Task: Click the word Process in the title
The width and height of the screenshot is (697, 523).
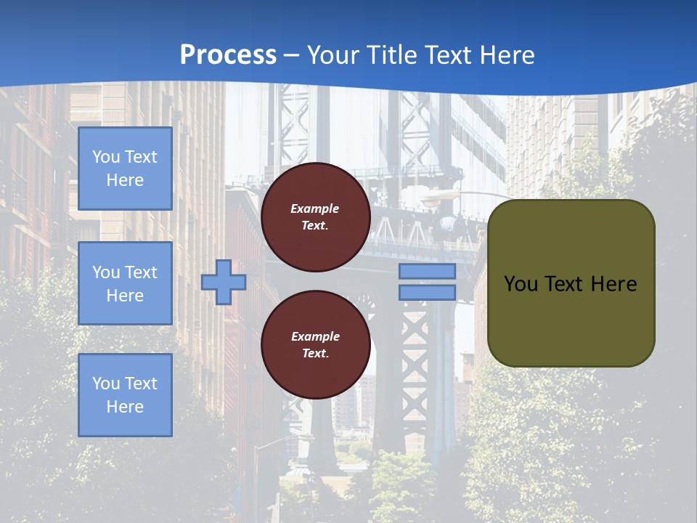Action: pyautogui.click(x=228, y=55)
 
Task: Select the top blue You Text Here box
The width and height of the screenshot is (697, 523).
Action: pyautogui.click(x=125, y=169)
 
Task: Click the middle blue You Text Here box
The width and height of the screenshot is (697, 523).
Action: pyautogui.click(x=125, y=283)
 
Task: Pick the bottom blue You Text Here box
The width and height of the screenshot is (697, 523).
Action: pyautogui.click(x=125, y=394)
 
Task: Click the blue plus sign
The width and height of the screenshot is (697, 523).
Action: pyautogui.click(x=224, y=282)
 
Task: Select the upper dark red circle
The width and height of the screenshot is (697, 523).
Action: pyautogui.click(x=315, y=217)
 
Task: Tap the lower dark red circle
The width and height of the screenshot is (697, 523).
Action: pyautogui.click(x=315, y=345)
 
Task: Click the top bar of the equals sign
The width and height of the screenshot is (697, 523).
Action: pyautogui.click(x=428, y=272)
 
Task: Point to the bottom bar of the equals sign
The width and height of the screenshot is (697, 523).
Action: pyautogui.click(x=428, y=293)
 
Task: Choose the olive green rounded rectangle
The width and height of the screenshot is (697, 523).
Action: pyautogui.click(x=571, y=320)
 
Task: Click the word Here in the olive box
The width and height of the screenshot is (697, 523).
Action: pyautogui.click(x=614, y=284)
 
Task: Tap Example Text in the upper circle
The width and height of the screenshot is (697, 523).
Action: pyautogui.click(x=315, y=217)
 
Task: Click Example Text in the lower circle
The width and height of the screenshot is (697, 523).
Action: pyautogui.click(x=315, y=345)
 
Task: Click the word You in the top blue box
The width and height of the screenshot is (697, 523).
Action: pyautogui.click(x=106, y=157)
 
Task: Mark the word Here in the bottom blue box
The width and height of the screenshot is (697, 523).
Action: pyautogui.click(x=125, y=407)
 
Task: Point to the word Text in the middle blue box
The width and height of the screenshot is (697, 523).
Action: pyautogui.click(x=141, y=272)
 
